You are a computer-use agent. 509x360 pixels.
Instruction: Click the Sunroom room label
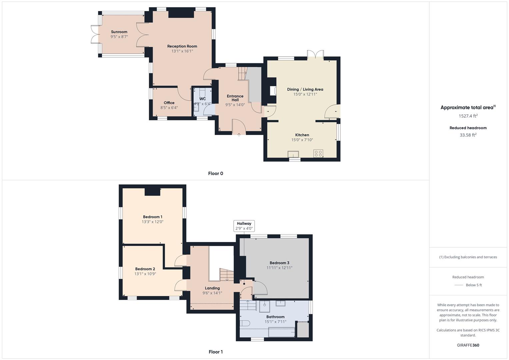click(119, 32)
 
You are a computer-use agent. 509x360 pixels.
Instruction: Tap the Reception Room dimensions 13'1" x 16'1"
click(182, 51)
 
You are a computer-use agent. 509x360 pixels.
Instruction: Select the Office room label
click(169, 103)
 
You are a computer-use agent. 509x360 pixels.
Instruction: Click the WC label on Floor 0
click(203, 99)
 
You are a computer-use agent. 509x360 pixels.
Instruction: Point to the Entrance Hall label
click(235, 98)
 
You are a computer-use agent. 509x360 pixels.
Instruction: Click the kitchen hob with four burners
click(318, 154)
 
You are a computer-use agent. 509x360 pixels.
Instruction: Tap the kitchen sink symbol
click(293, 154)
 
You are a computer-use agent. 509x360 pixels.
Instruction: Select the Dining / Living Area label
click(305, 89)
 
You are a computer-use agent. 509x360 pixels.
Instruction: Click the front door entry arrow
click(239, 134)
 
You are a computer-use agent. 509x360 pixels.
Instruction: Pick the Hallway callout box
click(244, 226)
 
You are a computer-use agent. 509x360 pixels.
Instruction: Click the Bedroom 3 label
click(279, 263)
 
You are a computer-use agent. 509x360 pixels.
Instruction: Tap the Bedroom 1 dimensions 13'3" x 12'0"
click(152, 222)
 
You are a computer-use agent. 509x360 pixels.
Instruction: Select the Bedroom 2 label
click(145, 269)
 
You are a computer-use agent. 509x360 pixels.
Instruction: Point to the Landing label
click(212, 288)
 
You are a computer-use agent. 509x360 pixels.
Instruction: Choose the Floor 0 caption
click(215, 173)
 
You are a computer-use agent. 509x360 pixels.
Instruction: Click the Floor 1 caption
click(215, 352)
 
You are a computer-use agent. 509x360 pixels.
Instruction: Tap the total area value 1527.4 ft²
click(468, 116)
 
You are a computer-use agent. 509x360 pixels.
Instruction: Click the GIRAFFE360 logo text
click(468, 345)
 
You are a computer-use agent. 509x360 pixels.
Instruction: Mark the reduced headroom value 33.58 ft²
click(468, 135)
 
